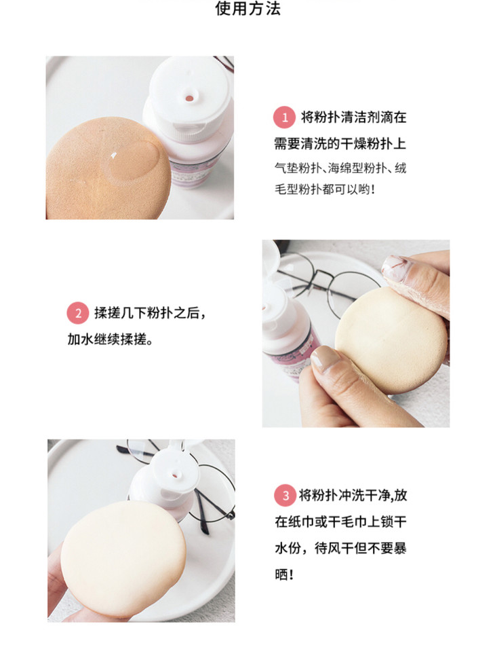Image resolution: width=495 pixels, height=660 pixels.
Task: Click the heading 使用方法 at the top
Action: [x=248, y=8]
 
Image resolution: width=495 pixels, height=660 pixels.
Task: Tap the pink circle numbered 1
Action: [x=285, y=117]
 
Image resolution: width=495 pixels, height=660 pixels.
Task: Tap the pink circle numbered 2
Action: [x=78, y=313]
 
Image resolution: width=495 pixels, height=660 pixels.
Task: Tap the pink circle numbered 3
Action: [x=285, y=496]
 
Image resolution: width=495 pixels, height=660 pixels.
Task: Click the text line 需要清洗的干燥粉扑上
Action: [x=340, y=143]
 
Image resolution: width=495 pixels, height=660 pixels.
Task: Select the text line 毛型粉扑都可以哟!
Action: [x=324, y=189]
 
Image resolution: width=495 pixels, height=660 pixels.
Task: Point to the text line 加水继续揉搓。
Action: [x=110, y=340]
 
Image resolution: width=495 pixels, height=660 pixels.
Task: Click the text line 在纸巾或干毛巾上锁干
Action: [x=341, y=522]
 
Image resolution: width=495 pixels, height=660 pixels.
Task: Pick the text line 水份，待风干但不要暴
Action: [x=341, y=548]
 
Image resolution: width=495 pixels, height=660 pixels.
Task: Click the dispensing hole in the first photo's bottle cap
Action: [x=189, y=98]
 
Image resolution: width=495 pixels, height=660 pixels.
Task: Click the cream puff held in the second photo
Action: [x=392, y=340]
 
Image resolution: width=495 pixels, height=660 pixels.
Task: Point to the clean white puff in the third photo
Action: [x=123, y=558]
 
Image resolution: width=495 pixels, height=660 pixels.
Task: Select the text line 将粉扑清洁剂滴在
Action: [x=354, y=117]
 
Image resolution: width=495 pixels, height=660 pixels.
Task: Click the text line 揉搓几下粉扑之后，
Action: [x=150, y=313]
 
